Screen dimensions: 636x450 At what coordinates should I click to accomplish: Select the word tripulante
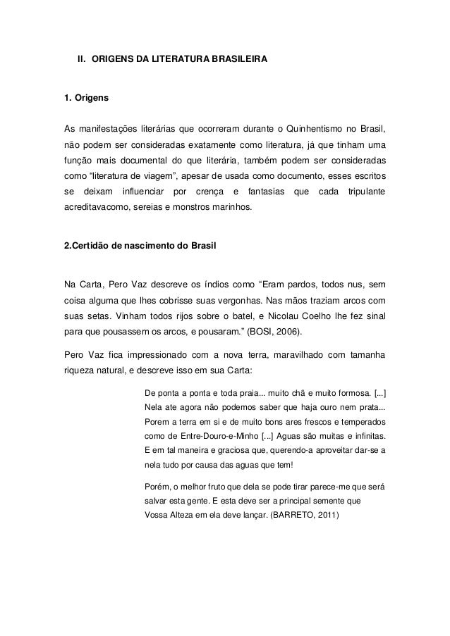click(365, 192)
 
